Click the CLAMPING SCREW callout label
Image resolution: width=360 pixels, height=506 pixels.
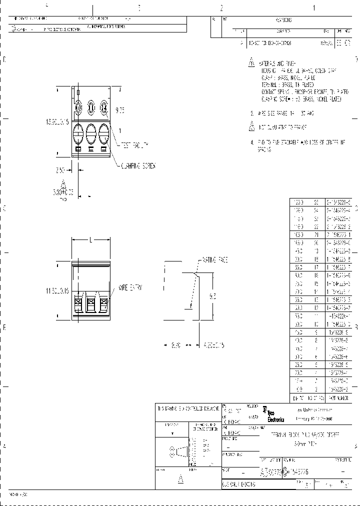(x=137, y=166)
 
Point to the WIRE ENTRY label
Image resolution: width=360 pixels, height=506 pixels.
(x=130, y=288)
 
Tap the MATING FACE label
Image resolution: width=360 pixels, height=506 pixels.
(x=214, y=260)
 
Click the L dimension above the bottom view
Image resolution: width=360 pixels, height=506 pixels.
(x=90, y=240)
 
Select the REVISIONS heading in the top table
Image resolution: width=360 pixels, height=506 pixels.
(x=283, y=20)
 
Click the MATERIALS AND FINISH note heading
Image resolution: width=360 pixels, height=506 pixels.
(x=278, y=64)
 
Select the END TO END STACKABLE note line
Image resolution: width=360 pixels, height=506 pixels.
(x=300, y=142)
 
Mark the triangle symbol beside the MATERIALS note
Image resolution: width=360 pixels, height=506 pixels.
(x=251, y=63)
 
